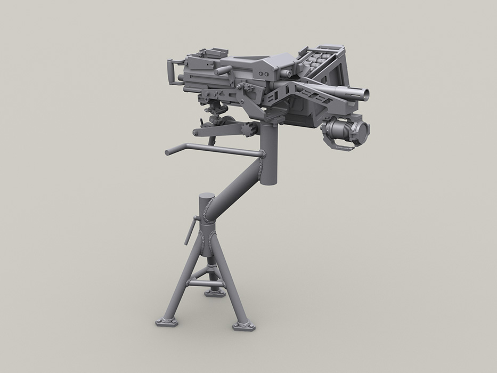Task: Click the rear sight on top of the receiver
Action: [x=208, y=54]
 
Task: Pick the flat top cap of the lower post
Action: [x=205, y=196]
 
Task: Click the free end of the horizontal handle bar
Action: [x=167, y=153]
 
